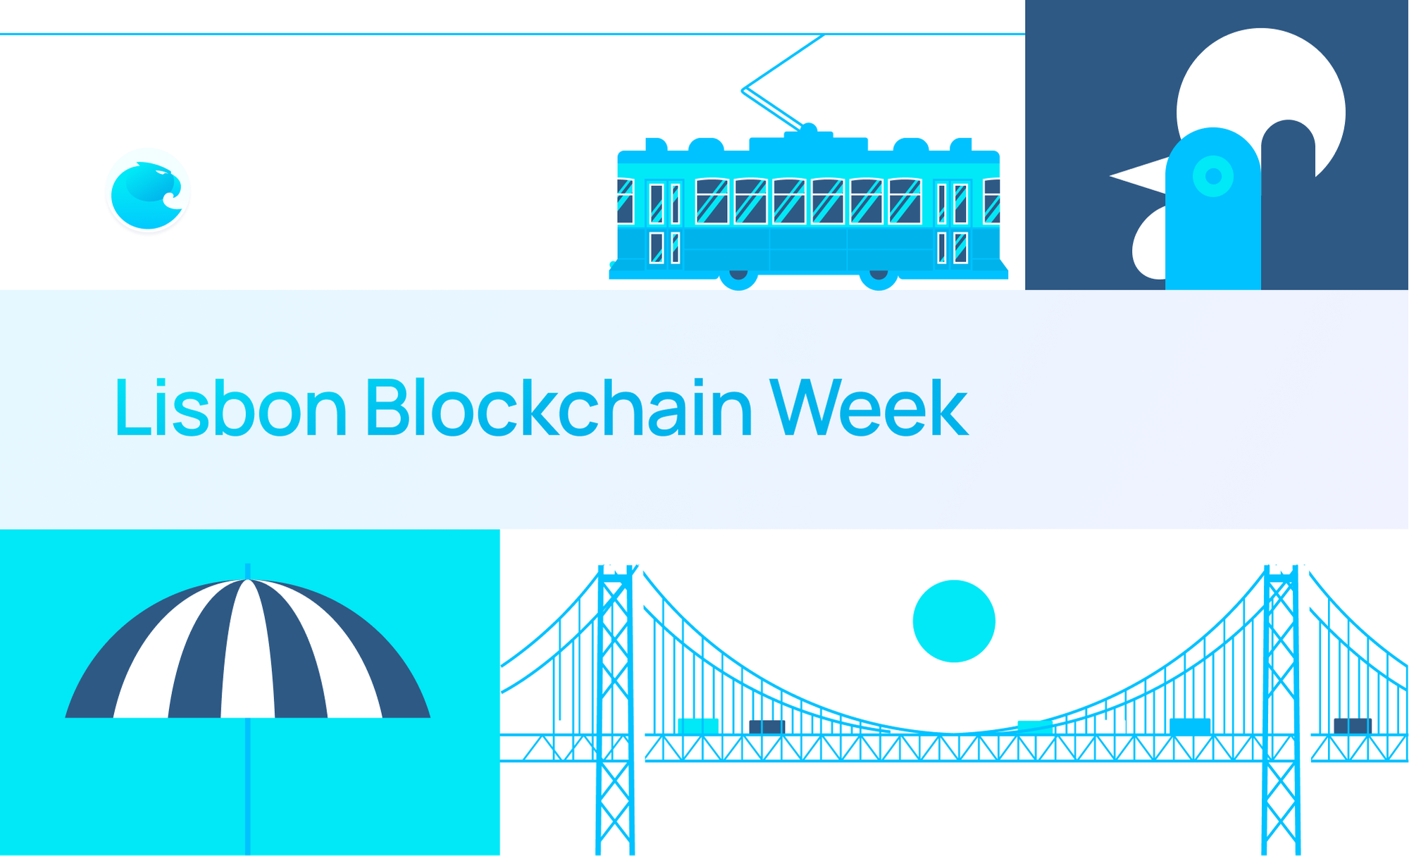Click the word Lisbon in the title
point(230,408)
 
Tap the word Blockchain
point(559,408)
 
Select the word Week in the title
point(869,408)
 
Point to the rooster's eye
point(1213,176)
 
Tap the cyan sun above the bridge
point(954,621)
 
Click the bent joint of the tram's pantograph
point(745,90)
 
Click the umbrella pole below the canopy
point(248,782)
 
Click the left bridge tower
point(615,705)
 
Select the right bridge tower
point(1281,705)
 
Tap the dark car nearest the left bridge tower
point(766,726)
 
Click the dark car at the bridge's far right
point(1353,726)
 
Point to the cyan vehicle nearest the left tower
point(697,726)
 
